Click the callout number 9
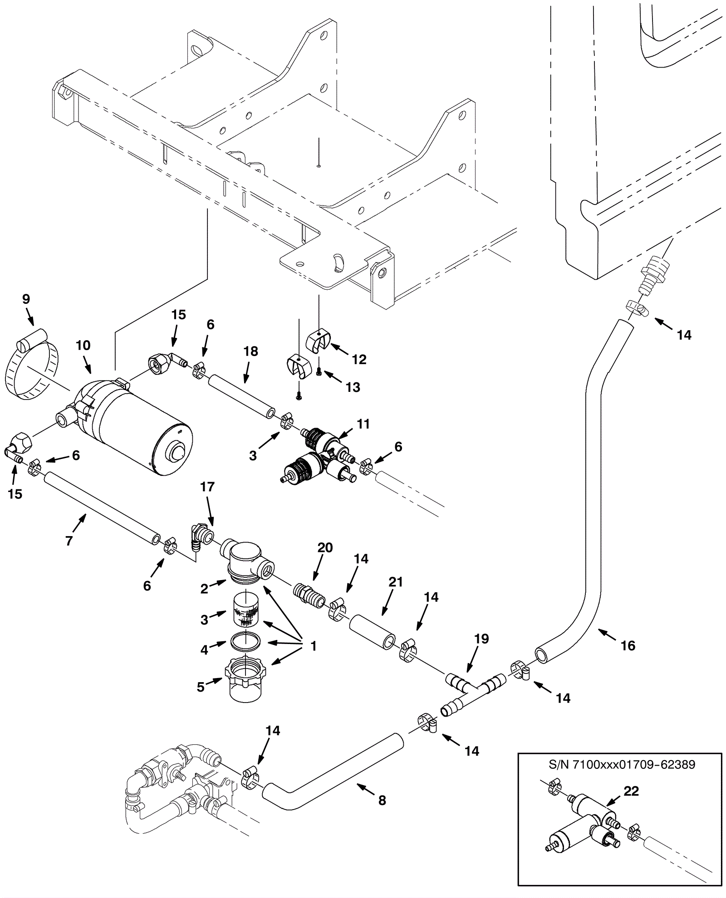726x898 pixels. [x=26, y=299]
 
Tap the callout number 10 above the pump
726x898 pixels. [x=83, y=346]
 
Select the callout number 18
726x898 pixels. [x=250, y=351]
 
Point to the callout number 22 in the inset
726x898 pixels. [x=631, y=791]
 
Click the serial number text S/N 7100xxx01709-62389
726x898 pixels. [x=622, y=765]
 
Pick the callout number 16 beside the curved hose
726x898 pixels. [x=628, y=646]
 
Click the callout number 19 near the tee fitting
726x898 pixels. [x=481, y=639]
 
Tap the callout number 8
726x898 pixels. [x=382, y=800]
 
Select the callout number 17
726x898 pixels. [x=207, y=487]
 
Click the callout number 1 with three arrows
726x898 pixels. [x=313, y=646]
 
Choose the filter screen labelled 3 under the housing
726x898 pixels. [x=245, y=612]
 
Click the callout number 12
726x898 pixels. [x=359, y=360]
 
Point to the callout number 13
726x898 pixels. [x=353, y=387]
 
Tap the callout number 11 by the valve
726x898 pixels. [x=363, y=424]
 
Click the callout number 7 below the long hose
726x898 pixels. [x=69, y=540]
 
